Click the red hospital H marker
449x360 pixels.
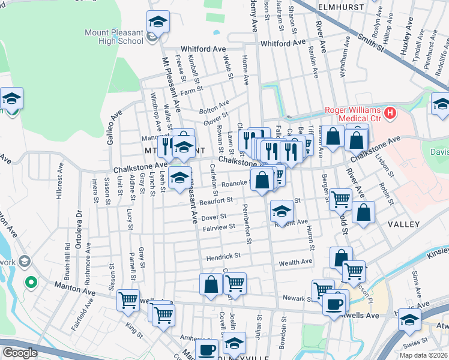[390, 112]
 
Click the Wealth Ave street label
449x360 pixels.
[295, 262]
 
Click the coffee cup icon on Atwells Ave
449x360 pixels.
[334, 302]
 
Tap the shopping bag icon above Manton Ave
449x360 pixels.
[211, 285]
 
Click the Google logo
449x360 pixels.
[20, 353]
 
